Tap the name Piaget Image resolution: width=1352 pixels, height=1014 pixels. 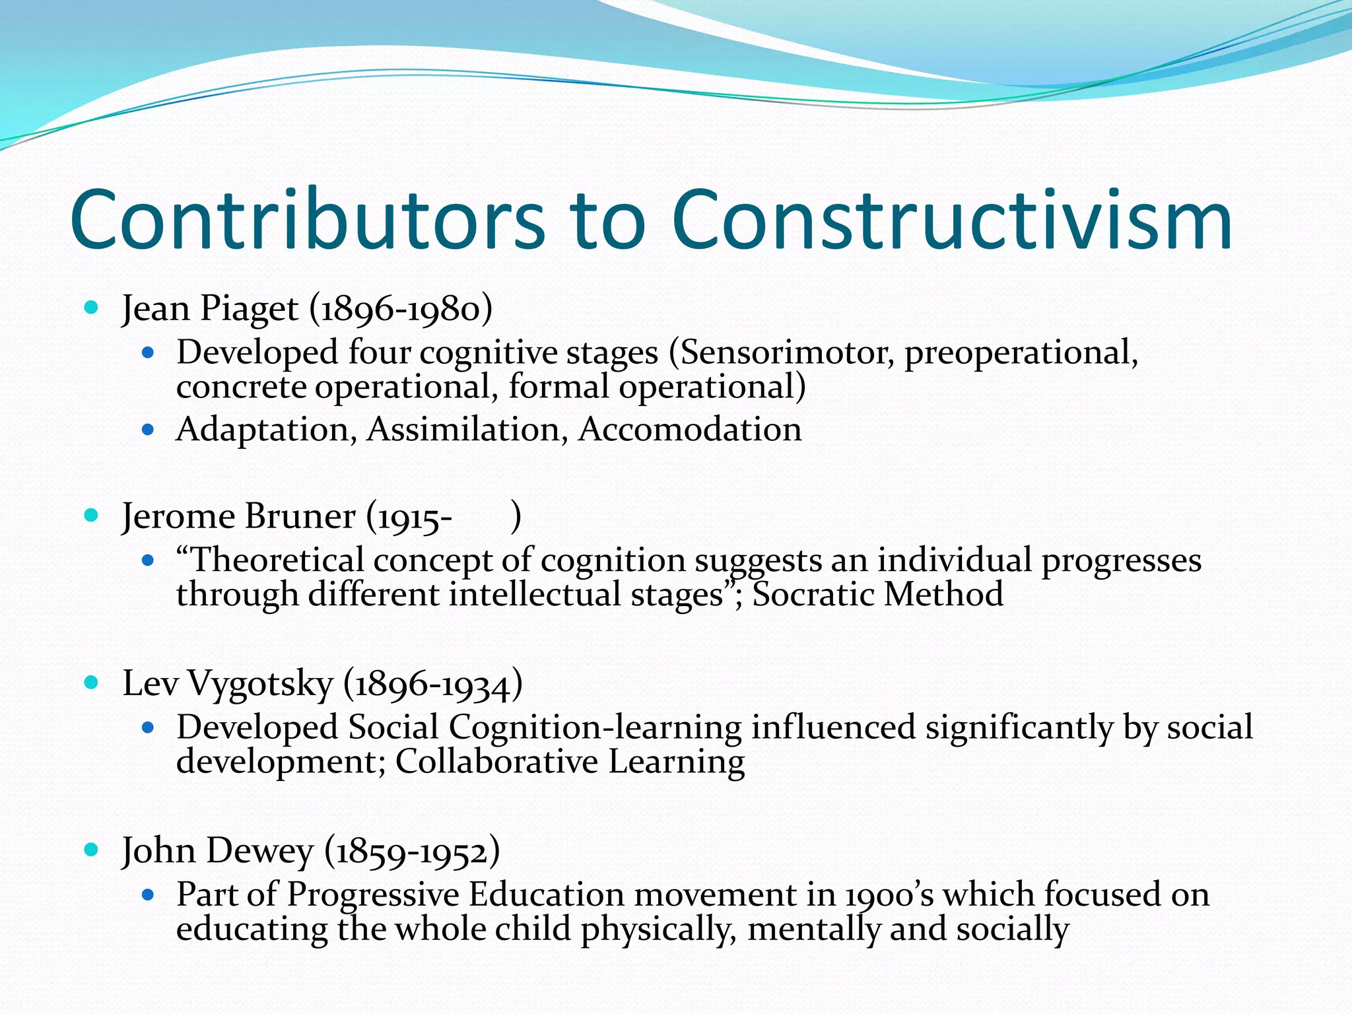tap(249, 309)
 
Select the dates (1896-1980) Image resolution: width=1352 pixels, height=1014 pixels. tap(401, 309)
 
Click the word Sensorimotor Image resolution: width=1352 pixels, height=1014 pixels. tap(786, 353)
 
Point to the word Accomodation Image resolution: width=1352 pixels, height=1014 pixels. tap(690, 430)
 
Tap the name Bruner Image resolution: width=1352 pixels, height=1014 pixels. tap(299, 516)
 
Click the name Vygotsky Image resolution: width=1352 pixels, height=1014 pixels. tap(260, 684)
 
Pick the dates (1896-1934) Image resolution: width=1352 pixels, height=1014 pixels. tap(433, 684)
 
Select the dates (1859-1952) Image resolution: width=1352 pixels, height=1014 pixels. tap(412, 852)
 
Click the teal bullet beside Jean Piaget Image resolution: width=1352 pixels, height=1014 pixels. tap(92, 307)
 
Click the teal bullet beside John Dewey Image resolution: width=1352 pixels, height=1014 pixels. tap(92, 849)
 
